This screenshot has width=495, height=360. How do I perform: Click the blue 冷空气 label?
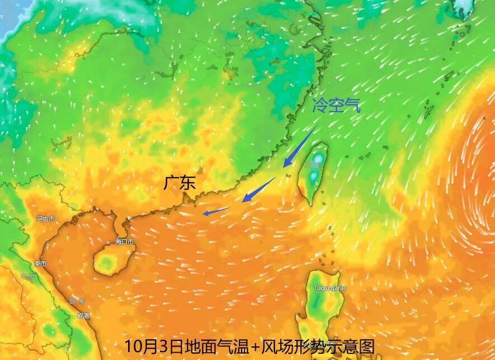coord(337,105)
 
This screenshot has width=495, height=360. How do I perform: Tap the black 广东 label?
coord(180,183)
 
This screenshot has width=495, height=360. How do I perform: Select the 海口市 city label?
coord(124,242)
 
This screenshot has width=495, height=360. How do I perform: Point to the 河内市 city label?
coord(45,219)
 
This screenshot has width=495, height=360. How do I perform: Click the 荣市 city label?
coord(40,264)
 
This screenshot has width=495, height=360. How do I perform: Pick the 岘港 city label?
coord(83,316)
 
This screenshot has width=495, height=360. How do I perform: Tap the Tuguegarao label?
coord(330,288)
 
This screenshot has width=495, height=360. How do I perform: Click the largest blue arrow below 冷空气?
coord(300,146)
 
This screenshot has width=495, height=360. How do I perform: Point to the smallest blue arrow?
coord(216,211)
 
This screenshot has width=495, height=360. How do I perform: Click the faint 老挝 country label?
coord(27,276)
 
